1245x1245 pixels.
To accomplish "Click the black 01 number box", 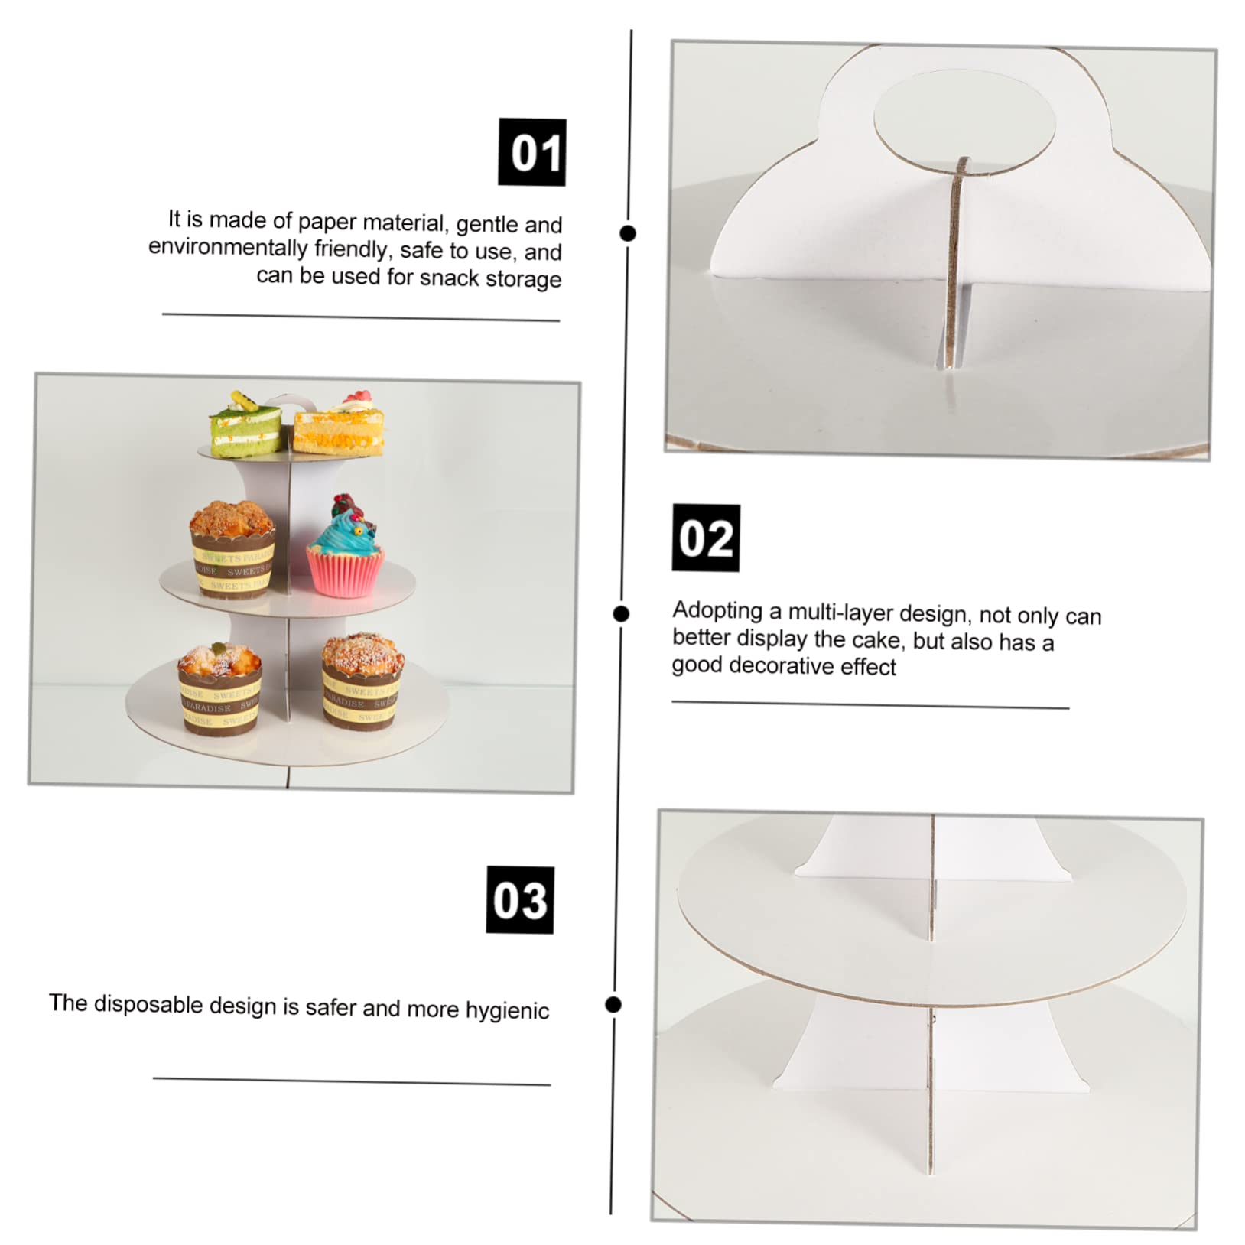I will (x=531, y=151).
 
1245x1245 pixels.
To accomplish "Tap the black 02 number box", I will (x=705, y=538).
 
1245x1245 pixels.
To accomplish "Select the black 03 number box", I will (x=519, y=899).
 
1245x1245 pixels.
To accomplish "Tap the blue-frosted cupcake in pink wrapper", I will (x=346, y=549).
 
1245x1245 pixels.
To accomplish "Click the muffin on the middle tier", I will (x=232, y=547).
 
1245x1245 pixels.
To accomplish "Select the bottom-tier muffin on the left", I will (x=219, y=688).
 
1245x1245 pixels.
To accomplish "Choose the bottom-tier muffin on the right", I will (x=362, y=680).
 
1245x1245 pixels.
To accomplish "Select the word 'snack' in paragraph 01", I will (x=451, y=278).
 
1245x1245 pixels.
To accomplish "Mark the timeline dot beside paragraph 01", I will (x=628, y=233).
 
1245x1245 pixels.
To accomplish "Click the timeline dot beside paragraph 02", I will (x=622, y=613).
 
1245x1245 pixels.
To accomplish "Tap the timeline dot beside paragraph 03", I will (x=613, y=1004).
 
